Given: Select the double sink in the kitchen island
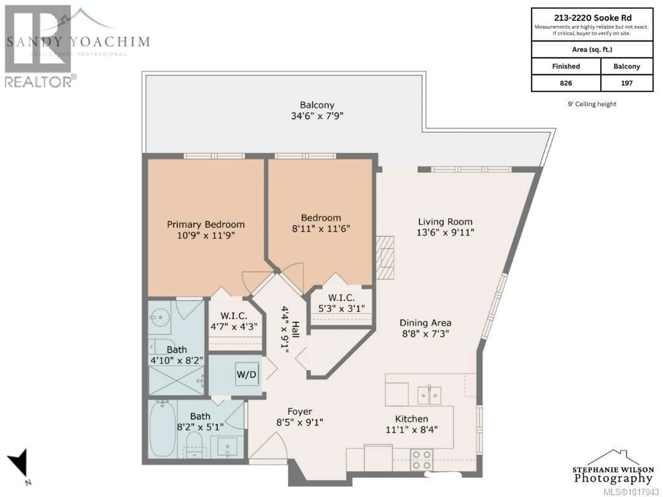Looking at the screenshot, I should [429, 395].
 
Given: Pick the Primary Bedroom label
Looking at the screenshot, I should [206, 224].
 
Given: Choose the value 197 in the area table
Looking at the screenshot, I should [626, 83].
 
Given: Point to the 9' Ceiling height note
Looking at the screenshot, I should [592, 104].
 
